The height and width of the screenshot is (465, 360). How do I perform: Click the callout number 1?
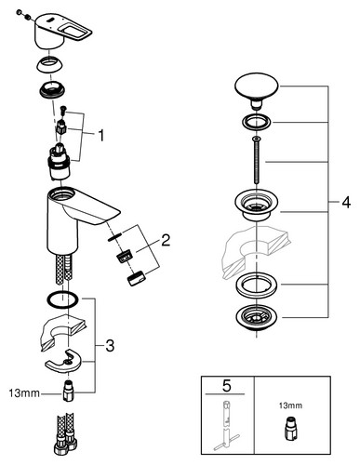tap(101, 136)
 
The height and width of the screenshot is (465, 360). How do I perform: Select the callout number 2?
tap(166, 240)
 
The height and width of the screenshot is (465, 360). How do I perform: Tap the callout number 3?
tap(110, 346)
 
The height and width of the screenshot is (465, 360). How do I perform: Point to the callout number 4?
tap(346, 203)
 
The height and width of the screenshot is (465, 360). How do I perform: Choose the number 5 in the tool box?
tap(227, 386)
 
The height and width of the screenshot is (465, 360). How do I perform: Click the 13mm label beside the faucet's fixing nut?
tap(24, 393)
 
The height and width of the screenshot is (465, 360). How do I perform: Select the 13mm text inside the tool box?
tap(290, 405)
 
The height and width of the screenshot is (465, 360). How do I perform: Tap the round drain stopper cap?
tap(257, 91)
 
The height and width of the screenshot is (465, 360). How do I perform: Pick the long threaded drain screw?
tap(257, 160)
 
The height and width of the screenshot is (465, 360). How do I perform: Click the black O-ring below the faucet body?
tap(62, 300)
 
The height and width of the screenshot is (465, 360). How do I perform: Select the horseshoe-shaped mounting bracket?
tap(63, 361)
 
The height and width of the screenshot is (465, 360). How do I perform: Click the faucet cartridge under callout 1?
tap(59, 163)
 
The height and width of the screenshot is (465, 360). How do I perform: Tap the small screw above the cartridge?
tap(63, 110)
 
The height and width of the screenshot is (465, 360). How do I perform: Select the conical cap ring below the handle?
tap(49, 65)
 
